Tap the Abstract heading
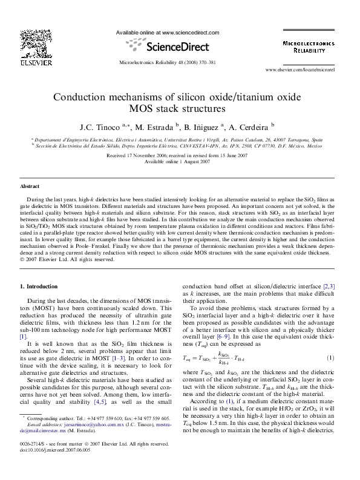coord(30,187)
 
